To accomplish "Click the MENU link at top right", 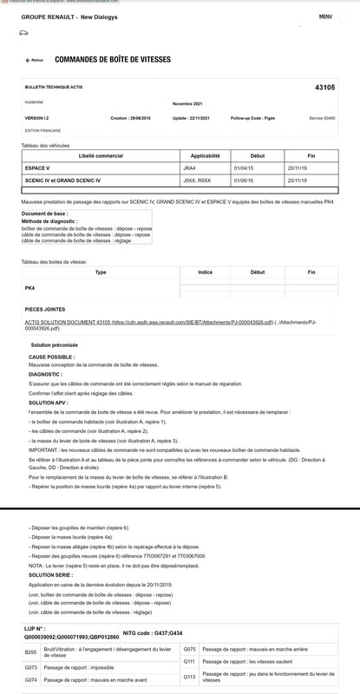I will pos(325,16).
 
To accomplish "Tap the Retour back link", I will pos(34,61).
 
